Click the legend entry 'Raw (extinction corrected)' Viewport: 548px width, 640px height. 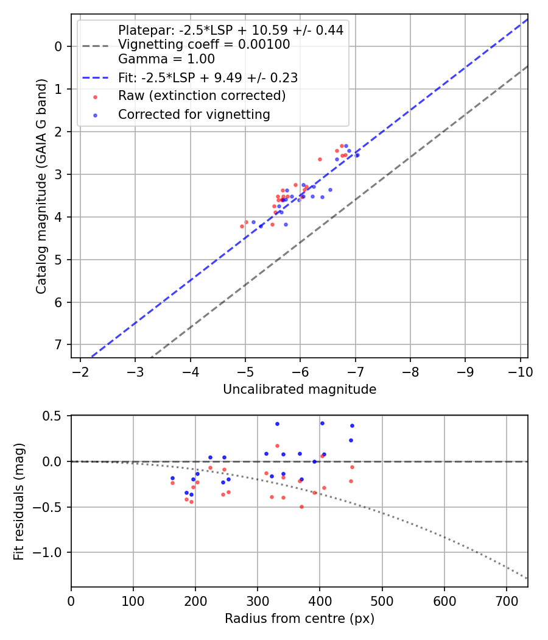coord(202,96)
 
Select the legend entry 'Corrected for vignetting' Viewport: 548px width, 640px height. coord(194,114)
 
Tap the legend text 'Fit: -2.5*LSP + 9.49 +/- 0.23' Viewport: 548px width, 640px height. coord(208,78)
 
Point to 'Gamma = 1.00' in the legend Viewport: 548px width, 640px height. coord(166,59)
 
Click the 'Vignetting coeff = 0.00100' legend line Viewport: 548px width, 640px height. coord(204,44)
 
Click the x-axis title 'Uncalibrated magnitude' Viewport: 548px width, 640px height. coord(300,389)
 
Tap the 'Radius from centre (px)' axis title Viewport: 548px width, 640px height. coord(300,619)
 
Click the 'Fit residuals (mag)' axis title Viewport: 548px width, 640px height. coord(19,500)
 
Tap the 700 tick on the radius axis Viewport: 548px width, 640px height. coord(507,600)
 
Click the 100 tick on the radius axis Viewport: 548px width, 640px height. coord(133,600)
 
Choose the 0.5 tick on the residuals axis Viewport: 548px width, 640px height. coord(54,416)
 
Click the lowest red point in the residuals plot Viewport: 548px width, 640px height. coord(301,507)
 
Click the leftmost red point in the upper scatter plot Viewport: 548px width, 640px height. coord(242,226)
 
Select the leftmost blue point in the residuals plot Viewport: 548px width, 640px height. coord(172,478)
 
